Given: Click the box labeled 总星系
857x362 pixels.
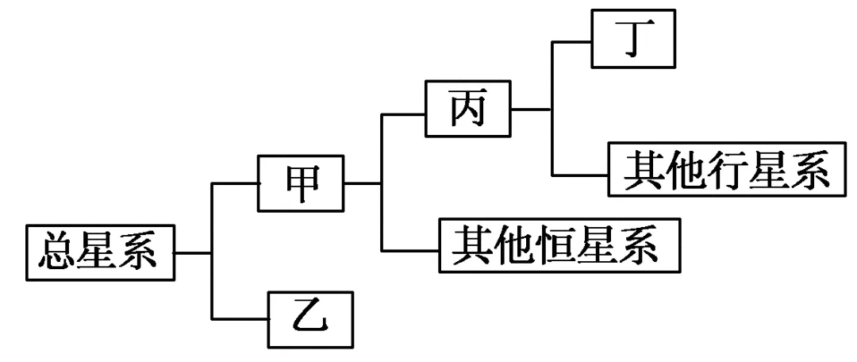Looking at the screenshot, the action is coord(101,252).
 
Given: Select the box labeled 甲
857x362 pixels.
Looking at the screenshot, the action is coord(302,183).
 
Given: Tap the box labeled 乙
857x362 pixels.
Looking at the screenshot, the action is coord(310,319).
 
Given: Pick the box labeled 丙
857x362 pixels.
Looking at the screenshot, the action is coord(468,108).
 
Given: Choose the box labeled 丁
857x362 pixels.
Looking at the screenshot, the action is coord(633,39).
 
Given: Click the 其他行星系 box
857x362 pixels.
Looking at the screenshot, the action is coord(728,170).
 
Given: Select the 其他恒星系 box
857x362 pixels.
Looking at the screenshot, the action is coord(560,245).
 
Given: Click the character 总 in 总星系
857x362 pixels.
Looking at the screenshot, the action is coord(58,253).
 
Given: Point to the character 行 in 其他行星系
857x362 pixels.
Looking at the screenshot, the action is coord(728,170).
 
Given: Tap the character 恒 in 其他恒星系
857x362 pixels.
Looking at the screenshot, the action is coord(560,245).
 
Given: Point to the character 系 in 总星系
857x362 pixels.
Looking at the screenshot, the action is coord(142,253).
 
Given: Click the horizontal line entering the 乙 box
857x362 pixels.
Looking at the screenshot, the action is coord(240,319).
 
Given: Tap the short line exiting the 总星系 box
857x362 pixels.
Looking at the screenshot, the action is coord(194,252).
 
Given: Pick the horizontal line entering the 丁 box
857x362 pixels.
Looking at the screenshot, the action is coord(571,41).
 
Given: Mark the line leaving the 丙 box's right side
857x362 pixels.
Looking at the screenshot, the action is coord(531,109).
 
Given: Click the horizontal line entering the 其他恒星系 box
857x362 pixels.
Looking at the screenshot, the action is coord(410,250).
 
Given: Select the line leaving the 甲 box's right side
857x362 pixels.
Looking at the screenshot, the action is coord(363,183).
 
